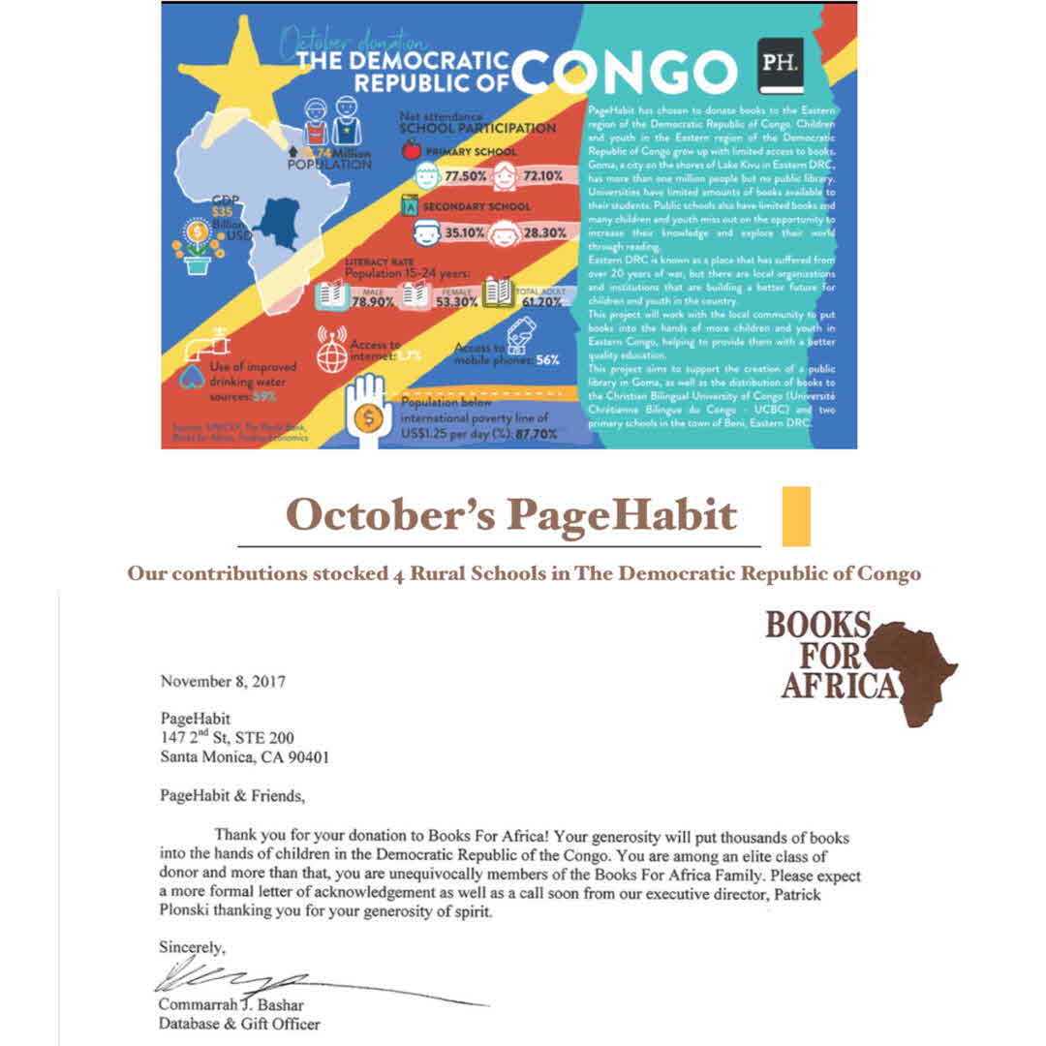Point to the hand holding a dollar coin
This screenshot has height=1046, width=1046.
pos(368,411)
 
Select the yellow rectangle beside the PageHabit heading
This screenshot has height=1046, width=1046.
pos(795,516)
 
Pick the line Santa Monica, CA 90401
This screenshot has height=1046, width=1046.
pos(244,757)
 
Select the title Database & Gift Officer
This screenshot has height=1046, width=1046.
pos(239,1023)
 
